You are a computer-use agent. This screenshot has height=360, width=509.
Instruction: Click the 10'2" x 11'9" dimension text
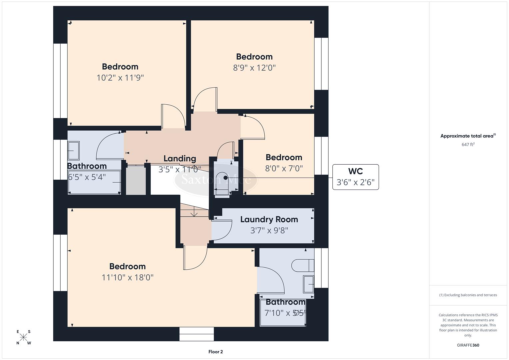pos(120,78)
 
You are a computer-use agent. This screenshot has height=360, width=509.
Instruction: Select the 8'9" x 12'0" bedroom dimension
pos(254,68)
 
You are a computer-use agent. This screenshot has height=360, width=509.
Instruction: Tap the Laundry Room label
pos(269,219)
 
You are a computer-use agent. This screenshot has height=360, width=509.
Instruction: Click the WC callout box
pos(355,177)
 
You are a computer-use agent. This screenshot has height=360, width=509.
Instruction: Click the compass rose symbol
pos(24,337)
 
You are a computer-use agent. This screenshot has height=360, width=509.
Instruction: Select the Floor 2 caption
pos(215,352)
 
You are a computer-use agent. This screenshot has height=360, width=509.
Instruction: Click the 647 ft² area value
pos(468,144)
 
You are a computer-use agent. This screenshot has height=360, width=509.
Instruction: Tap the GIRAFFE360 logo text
pos(468,345)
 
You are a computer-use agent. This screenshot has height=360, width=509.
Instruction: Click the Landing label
pos(180,158)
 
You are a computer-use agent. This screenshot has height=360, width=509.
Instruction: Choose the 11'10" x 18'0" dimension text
pos(127,277)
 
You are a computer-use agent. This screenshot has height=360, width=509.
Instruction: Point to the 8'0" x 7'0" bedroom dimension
pos(284,168)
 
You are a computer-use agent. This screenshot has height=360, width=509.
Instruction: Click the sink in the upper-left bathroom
pos(74,151)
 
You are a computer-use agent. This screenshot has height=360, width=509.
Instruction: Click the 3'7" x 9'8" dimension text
pos(269,230)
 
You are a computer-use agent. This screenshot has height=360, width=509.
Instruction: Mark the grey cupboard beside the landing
pos(136,180)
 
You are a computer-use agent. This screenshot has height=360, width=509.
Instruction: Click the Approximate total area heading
pos(468,136)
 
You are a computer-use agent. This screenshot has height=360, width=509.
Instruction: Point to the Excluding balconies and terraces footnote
pos(468,295)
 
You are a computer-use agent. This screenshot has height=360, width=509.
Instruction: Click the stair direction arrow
pos(194,212)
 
